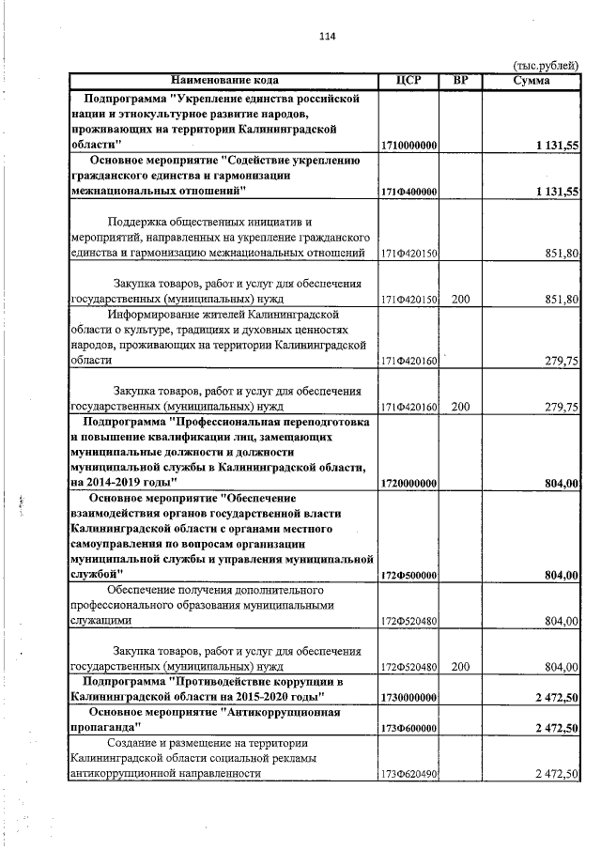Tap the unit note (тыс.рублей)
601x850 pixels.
[x=546, y=65]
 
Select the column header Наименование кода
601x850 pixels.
[x=224, y=80]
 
